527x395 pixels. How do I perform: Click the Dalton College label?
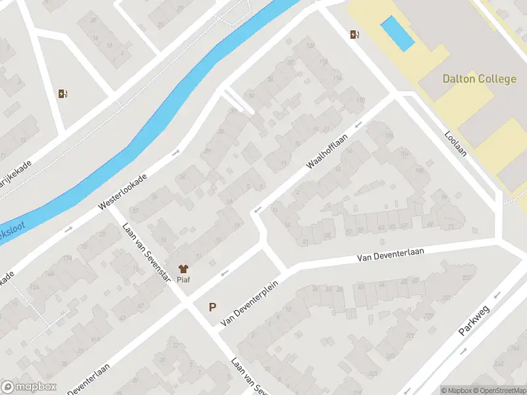click(479, 79)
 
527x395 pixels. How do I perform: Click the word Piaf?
click(184, 280)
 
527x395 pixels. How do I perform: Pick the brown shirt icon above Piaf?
click(184, 268)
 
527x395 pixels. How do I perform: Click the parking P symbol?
click(212, 307)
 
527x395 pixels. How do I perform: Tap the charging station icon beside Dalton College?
click(356, 35)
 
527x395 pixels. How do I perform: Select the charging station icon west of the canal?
click(63, 93)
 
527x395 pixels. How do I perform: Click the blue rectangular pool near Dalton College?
click(398, 34)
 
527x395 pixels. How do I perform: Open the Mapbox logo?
click(28, 387)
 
